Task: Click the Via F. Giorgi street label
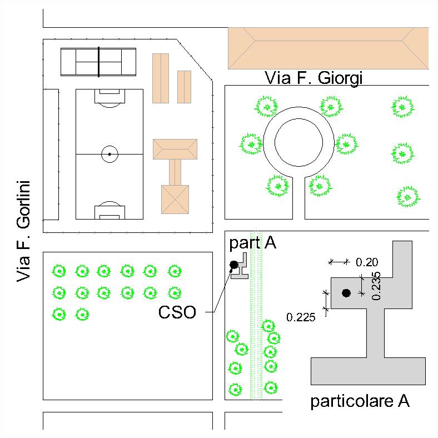313,78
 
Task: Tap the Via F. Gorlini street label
23,231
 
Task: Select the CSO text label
177,312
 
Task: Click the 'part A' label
252,243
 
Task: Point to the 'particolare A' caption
360,401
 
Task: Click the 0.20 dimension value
367,262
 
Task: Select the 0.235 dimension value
376,286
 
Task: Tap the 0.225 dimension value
301,317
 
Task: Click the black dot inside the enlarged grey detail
346,293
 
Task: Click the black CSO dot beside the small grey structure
234,265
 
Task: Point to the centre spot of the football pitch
109,154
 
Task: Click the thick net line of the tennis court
98,62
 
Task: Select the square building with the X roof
175,200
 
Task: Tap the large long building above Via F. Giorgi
328,48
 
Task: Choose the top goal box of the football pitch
109,96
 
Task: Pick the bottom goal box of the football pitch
109,212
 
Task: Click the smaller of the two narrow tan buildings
185,87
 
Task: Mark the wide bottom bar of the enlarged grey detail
368,371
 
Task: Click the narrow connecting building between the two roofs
175,172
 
